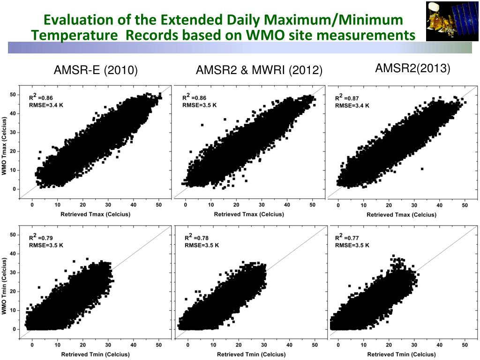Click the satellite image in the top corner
click(452, 22)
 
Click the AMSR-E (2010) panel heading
click(96, 71)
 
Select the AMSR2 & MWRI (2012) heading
click(259, 71)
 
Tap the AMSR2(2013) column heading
click(412, 68)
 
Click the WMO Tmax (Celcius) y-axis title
click(4, 147)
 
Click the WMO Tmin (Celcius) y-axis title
click(4, 285)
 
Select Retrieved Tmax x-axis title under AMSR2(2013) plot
click(401, 215)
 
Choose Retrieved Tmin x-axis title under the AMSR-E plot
click(95, 354)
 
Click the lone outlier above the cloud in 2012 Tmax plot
click(202, 125)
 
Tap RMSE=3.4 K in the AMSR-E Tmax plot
click(46, 105)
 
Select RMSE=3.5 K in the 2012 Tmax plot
click(199, 105)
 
